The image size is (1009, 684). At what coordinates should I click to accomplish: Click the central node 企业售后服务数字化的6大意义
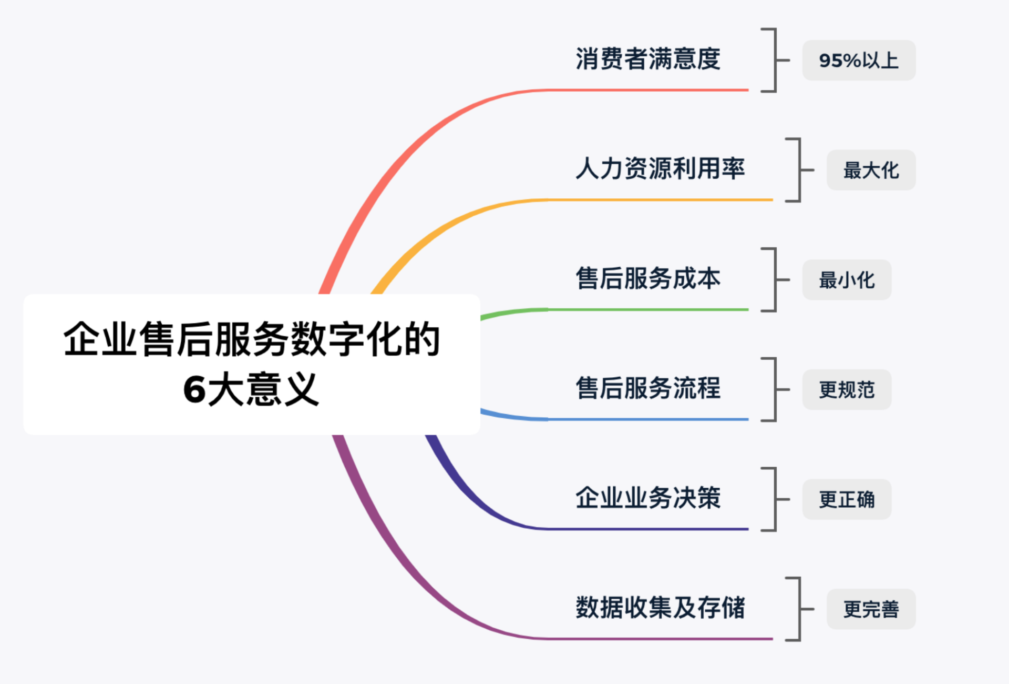(x=252, y=364)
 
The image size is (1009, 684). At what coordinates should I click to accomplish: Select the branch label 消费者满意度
(x=648, y=58)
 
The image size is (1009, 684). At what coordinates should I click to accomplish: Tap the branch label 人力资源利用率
(x=661, y=168)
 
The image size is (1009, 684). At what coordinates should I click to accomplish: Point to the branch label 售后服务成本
(x=648, y=278)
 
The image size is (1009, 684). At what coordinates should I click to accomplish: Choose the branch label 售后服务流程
(x=648, y=388)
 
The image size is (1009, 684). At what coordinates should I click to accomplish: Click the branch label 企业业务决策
(x=648, y=498)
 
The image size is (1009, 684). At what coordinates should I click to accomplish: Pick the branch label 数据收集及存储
(x=661, y=608)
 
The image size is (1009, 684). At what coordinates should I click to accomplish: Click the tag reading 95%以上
(x=859, y=61)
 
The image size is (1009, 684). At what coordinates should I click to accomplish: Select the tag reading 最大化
(x=871, y=170)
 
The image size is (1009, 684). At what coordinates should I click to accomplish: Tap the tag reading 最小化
(x=847, y=280)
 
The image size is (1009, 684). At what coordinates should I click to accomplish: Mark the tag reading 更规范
(x=847, y=390)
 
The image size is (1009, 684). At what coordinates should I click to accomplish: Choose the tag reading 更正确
(x=847, y=499)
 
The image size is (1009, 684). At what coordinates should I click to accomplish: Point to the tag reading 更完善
(x=871, y=609)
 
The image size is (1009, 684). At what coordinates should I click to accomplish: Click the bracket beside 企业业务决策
(x=775, y=499)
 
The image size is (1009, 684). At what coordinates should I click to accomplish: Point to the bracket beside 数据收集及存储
(x=799, y=609)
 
